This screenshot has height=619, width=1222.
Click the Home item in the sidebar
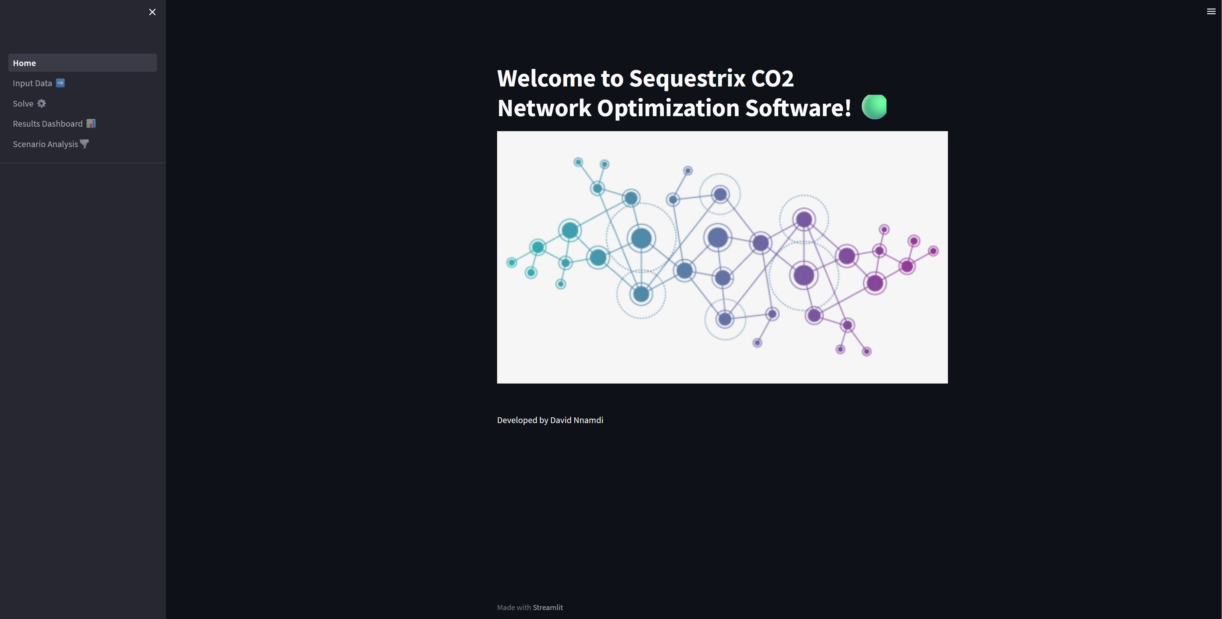click(x=25, y=63)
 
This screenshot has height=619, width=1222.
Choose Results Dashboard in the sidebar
click(x=48, y=124)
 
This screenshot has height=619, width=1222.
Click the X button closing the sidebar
click(x=152, y=12)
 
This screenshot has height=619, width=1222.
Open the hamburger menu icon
click(x=1211, y=11)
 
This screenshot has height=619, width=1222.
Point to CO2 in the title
click(x=772, y=78)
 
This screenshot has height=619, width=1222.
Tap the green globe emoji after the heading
click(x=874, y=107)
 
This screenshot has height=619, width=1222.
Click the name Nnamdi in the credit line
click(x=588, y=420)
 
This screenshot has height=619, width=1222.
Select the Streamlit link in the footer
click(x=548, y=608)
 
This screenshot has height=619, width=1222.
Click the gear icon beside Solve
click(x=42, y=103)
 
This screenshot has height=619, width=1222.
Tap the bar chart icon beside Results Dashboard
click(x=91, y=124)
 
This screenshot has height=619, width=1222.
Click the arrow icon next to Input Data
click(x=60, y=83)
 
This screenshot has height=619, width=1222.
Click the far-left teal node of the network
click(x=511, y=262)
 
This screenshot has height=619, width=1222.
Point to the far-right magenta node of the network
click(x=933, y=251)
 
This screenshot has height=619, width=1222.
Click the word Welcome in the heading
click(x=546, y=78)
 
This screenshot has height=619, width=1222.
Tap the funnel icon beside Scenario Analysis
click(x=85, y=144)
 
